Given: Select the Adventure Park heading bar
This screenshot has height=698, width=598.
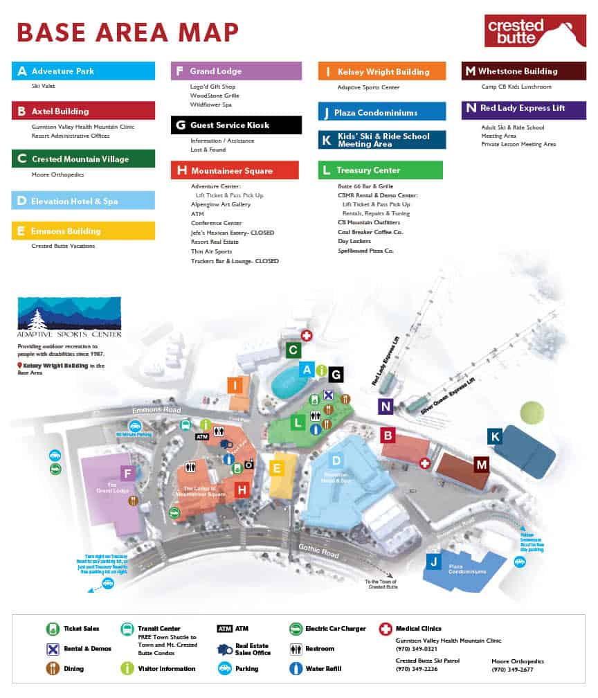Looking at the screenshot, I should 83,71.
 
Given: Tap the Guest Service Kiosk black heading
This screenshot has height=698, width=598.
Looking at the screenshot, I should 236,125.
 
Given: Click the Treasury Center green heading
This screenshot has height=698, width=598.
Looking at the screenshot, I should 380,170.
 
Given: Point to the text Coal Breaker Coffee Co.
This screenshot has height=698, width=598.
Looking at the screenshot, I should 370,232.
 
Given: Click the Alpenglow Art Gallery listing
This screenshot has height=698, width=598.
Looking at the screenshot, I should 221,205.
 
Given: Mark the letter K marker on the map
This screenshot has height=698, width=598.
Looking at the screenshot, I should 494,436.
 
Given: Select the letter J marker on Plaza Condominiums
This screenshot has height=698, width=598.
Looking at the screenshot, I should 433,561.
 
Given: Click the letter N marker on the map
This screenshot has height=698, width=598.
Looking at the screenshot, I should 386,406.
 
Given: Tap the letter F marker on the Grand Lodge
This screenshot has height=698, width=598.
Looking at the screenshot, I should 127,474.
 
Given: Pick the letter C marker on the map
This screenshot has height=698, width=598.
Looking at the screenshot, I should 293,350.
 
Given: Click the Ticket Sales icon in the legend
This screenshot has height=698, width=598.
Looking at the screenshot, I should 51,629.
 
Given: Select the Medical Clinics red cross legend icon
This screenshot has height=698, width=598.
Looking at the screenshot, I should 385,629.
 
